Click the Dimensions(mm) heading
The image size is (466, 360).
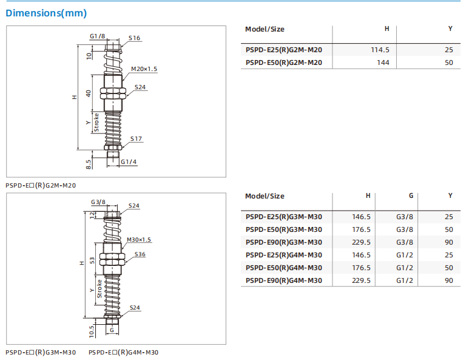point(46,13)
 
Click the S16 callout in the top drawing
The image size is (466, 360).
point(134,38)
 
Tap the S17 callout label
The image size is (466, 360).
point(136,139)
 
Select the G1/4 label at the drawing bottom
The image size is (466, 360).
point(128,162)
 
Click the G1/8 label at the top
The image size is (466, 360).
point(97,36)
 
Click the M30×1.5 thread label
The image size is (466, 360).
point(140,240)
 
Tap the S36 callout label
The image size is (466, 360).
point(140,254)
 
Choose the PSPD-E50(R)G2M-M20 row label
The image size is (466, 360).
point(283,63)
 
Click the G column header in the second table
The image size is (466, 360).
point(411,195)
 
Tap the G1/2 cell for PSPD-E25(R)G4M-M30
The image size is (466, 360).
point(405,255)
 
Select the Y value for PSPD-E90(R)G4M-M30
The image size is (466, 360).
point(449,280)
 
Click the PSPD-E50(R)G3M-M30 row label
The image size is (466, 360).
point(283,229)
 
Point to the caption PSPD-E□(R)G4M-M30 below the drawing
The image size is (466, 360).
point(123,353)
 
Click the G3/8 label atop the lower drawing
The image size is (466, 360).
point(98,202)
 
